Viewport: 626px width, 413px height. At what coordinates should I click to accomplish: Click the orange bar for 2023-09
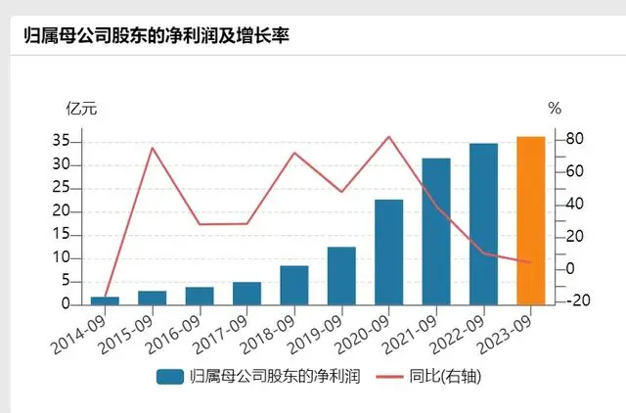(530, 220)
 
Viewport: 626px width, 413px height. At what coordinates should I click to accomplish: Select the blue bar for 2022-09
(483, 224)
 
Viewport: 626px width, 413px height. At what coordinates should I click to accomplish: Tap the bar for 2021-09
(436, 231)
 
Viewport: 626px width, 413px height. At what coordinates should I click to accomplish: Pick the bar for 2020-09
(389, 252)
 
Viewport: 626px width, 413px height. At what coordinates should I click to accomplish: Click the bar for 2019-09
(341, 275)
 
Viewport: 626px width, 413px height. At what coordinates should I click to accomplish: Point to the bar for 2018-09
(294, 285)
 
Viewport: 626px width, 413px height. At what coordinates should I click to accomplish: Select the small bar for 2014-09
(105, 300)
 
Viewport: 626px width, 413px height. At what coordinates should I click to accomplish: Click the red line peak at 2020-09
(389, 136)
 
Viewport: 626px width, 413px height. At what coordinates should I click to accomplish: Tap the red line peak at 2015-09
(153, 148)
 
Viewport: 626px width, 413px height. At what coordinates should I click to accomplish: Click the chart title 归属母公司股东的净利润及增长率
(156, 36)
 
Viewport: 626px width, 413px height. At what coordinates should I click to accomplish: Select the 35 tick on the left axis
(61, 141)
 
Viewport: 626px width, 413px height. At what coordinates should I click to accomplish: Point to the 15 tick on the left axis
(61, 234)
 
